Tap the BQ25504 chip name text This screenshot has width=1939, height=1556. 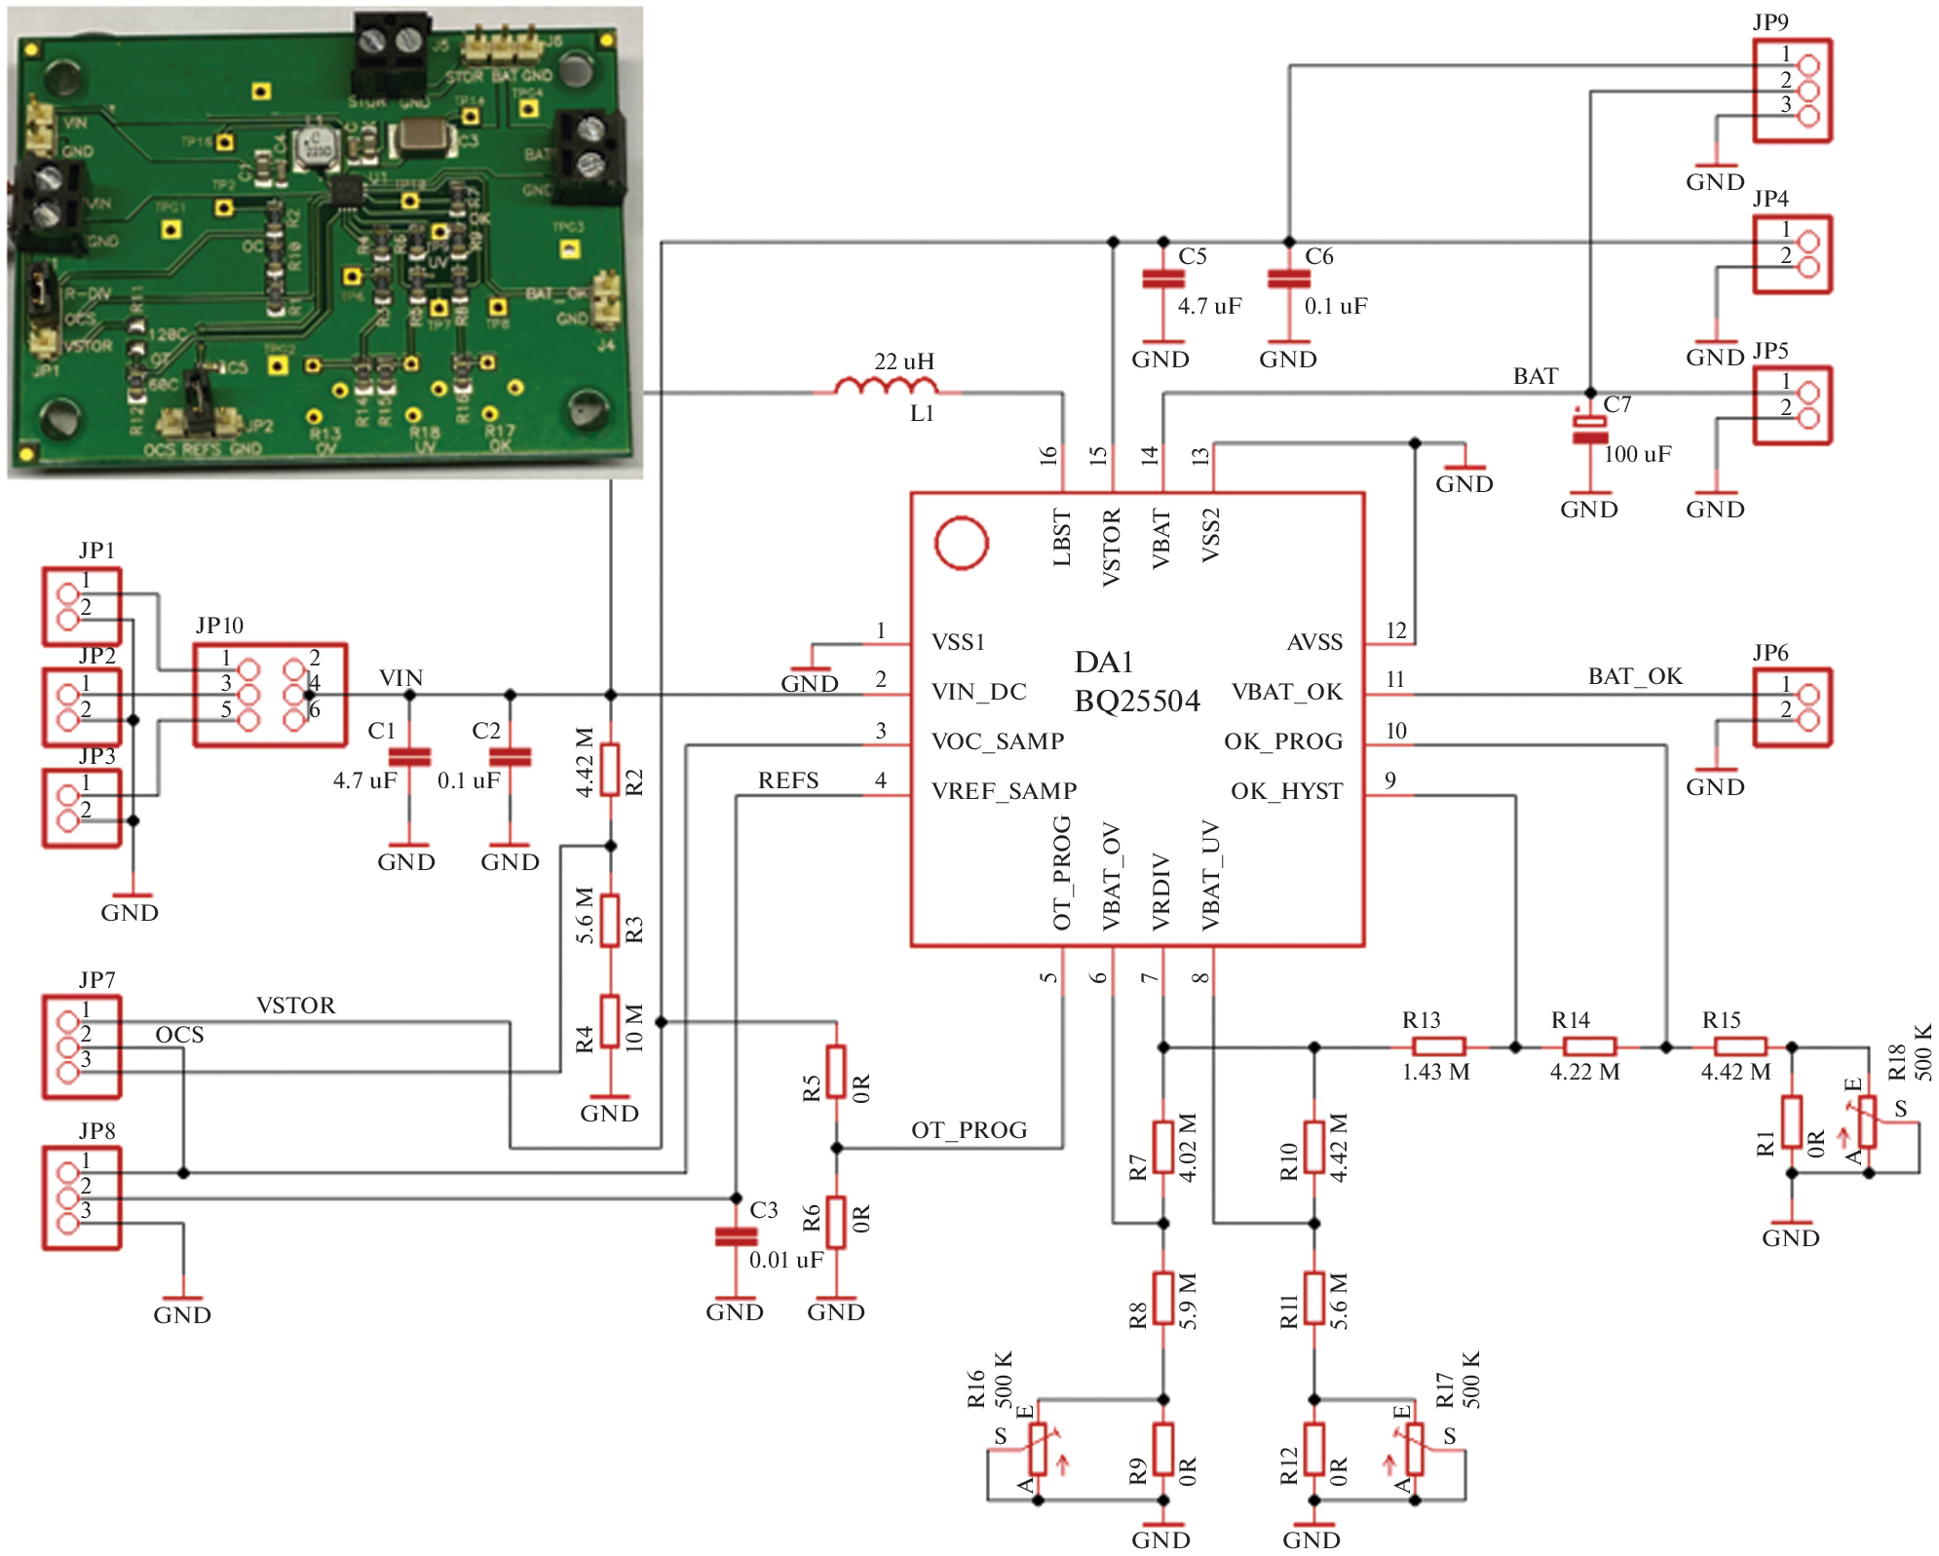1137,702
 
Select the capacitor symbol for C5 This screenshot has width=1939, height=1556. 1163,279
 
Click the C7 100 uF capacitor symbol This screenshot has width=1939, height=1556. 1590,430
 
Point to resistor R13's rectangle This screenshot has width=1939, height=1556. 1438,1047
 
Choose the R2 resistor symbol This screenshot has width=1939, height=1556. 610,770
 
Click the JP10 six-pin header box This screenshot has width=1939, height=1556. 270,695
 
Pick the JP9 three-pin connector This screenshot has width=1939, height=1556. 1792,91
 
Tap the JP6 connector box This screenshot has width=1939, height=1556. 1792,707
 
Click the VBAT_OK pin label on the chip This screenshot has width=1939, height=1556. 1286,692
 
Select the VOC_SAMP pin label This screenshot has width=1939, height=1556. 997,741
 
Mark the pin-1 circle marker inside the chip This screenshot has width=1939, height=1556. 961,543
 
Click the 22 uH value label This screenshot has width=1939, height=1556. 904,361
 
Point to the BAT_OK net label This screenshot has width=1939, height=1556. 1635,676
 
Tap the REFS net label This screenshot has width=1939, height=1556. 788,780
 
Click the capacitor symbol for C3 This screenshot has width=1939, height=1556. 736,1236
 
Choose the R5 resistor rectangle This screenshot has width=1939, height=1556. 836,1072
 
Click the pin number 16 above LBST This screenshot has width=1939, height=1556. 1048,455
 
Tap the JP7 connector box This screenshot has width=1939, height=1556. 82,1046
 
